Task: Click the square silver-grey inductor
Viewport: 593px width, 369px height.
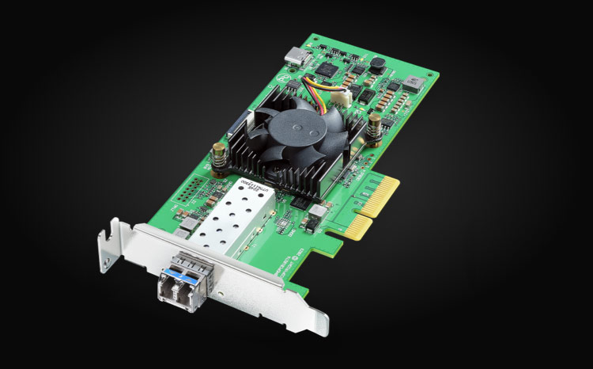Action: (413, 83)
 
